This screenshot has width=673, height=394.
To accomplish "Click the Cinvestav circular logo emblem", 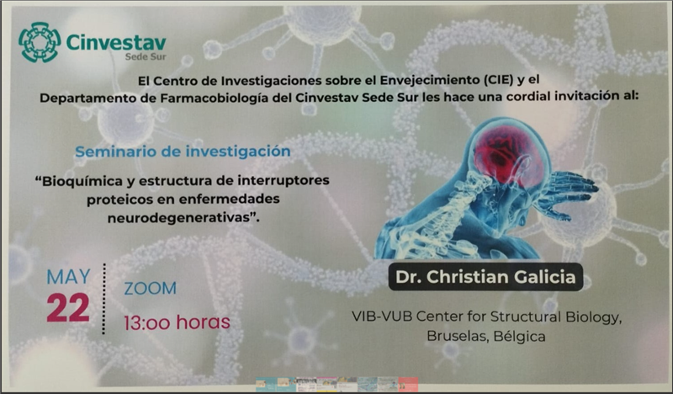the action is (x=40, y=42).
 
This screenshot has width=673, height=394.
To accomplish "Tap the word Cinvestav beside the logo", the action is (x=116, y=43).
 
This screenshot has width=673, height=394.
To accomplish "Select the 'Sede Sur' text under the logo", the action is (x=145, y=56).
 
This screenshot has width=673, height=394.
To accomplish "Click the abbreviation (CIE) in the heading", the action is (x=497, y=80).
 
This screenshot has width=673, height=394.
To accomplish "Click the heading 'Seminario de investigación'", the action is (x=183, y=152).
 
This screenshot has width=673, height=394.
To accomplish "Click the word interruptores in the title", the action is (x=284, y=180).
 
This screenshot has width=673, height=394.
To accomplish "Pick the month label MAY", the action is (x=69, y=277).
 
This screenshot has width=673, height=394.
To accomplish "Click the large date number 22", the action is (x=68, y=307).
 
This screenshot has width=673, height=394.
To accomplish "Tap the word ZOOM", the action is (x=151, y=288).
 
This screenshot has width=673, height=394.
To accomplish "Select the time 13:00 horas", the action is (x=177, y=322).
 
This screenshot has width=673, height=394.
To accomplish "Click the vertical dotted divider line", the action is (x=103, y=299).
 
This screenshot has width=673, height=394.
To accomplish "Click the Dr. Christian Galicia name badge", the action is (x=485, y=277).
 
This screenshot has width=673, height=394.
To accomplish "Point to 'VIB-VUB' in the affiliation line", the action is (x=382, y=317).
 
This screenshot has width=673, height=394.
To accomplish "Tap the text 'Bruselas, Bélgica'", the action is (x=486, y=336).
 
